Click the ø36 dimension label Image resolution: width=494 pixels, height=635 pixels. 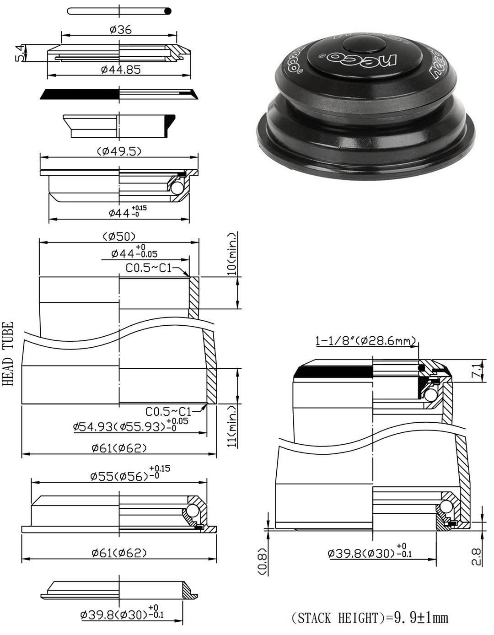point(120,30)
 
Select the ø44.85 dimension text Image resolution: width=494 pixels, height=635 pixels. point(120,70)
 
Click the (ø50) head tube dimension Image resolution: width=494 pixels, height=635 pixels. point(118,236)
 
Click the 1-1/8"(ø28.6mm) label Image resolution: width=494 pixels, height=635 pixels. point(365,341)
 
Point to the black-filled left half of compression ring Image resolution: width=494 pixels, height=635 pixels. point(80,94)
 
